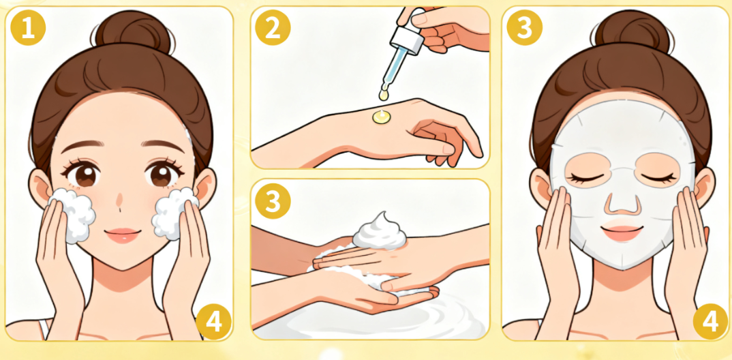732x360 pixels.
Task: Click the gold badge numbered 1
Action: click(x=28, y=28)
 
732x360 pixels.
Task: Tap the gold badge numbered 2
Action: click(x=273, y=28)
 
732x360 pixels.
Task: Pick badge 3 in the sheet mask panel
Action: click(x=525, y=28)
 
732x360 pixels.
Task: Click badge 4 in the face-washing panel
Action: click(x=213, y=322)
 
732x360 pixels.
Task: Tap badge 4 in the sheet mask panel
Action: click(x=710, y=322)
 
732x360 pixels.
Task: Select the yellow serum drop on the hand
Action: click(x=381, y=117)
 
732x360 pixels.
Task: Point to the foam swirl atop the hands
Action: click(x=380, y=232)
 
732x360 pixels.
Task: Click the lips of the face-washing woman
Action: click(x=123, y=235)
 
